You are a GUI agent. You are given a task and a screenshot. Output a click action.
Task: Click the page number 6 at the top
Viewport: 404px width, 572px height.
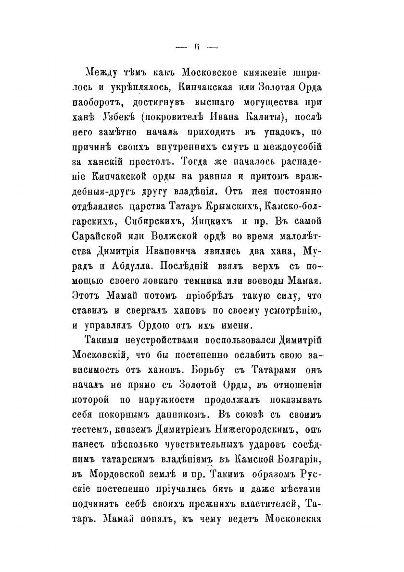[197, 47]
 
